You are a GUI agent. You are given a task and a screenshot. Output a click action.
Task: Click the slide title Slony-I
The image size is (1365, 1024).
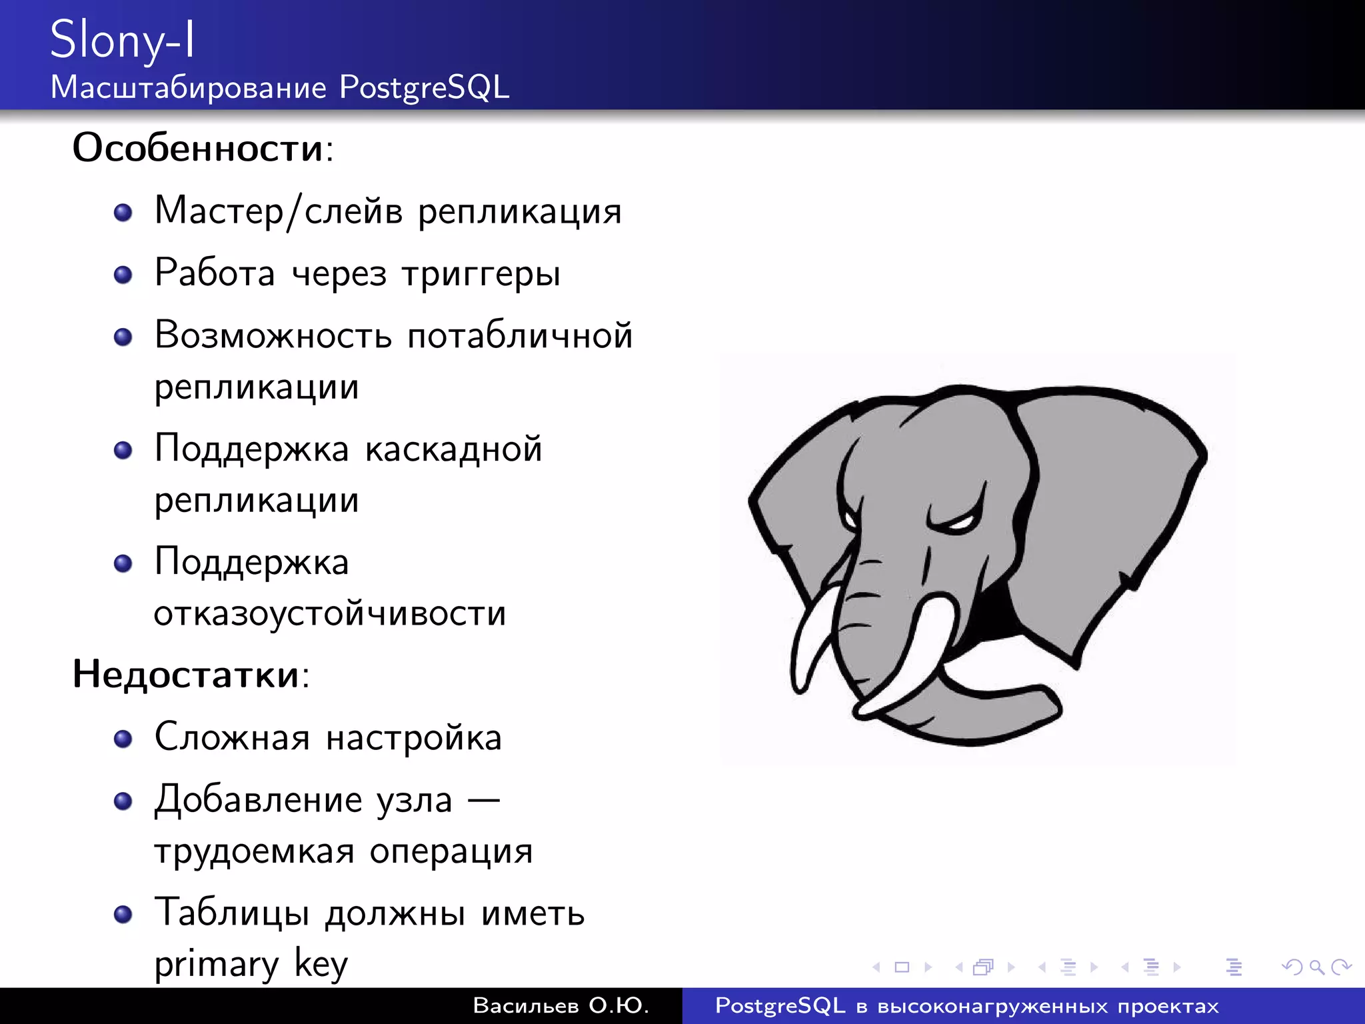123,40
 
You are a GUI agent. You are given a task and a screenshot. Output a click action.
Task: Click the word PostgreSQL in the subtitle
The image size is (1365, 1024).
424,87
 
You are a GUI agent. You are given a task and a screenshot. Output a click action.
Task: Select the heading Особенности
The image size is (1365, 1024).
198,147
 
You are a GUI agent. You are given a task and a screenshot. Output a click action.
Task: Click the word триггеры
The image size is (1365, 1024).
481,274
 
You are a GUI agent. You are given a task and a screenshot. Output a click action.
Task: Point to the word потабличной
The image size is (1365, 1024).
519,335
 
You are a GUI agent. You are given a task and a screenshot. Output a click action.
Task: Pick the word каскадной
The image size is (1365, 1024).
453,449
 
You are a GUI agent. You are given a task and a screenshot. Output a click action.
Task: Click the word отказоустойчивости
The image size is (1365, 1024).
330,613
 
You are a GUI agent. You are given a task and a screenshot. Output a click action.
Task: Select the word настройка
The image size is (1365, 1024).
413,737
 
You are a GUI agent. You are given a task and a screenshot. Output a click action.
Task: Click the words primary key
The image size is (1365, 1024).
251,964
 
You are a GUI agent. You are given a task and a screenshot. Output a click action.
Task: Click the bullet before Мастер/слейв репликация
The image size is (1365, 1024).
123,213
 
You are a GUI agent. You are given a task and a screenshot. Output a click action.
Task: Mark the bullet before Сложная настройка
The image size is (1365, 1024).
123,739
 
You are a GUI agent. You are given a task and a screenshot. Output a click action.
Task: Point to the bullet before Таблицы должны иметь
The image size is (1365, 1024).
123,914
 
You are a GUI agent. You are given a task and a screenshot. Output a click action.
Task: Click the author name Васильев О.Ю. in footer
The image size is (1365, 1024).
561,1005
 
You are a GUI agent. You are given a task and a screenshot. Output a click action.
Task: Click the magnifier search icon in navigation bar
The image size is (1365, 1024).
1316,967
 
